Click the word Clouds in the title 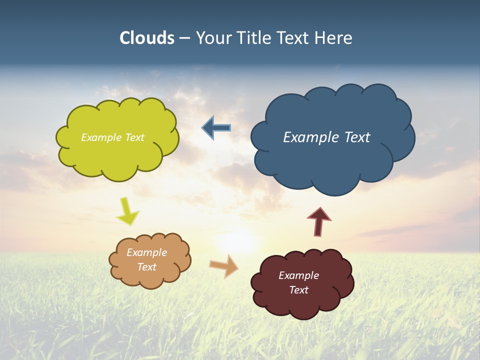coord(146,38)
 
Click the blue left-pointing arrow coord(216,128)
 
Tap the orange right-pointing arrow coord(224,266)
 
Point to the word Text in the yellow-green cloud coord(134,137)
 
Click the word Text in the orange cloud coord(147,267)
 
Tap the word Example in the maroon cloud coord(298,275)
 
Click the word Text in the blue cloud coord(356,137)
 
